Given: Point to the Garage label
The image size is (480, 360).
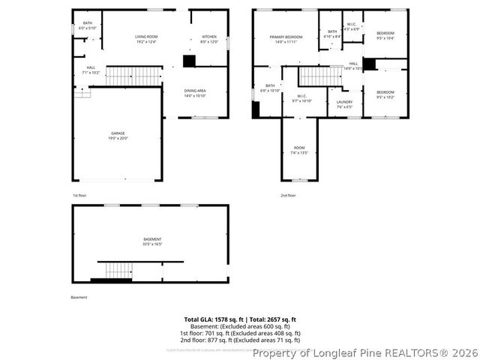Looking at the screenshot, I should click(118, 136).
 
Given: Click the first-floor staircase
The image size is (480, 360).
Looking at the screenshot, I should click(133, 76).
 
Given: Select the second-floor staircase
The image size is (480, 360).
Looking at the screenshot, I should click(320, 76).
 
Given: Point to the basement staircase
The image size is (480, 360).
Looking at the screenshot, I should click(118, 270).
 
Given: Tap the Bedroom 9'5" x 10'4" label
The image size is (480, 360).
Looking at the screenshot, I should click(385, 35).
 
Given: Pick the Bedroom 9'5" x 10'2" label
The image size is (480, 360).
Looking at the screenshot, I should click(385, 94).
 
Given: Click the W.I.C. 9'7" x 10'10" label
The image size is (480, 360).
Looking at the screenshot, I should click(301, 98).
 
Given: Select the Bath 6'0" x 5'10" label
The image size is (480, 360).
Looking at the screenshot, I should click(88, 25).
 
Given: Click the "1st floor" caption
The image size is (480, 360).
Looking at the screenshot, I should click(80, 195).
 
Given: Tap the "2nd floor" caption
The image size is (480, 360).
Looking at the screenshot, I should click(288, 195).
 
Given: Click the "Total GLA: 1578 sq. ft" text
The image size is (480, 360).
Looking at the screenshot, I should click(212, 319).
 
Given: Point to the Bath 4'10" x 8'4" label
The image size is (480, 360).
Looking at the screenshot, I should click(332, 34).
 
